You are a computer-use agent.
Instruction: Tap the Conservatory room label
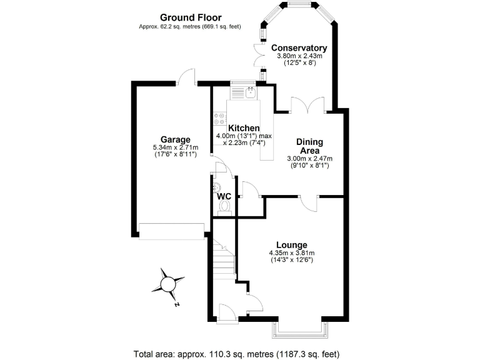(299, 48)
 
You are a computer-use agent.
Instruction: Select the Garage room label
(175, 139)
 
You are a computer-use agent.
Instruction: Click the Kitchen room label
(244, 128)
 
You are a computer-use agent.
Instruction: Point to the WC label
(224, 196)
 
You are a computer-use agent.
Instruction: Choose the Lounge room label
(291, 244)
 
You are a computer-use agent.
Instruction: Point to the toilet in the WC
(225, 209)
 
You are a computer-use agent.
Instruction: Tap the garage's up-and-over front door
(171, 231)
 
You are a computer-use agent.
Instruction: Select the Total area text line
(236, 353)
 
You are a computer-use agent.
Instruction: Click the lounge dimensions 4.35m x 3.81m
(291, 252)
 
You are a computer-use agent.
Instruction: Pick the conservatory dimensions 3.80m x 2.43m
(299, 56)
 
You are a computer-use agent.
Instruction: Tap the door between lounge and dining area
(309, 202)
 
